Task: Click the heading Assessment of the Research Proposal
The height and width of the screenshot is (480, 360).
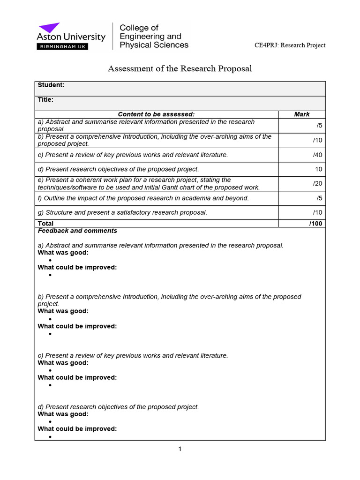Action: [x=180, y=69]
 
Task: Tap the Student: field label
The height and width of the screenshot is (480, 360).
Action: [x=51, y=85]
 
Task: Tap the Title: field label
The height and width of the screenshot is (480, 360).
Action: [x=45, y=99]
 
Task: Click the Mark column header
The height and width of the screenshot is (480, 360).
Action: [x=301, y=114]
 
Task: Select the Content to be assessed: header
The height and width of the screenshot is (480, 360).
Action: [x=156, y=114]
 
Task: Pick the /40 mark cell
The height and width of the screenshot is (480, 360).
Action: [x=317, y=155]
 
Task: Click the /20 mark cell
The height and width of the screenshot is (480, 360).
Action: [x=317, y=184]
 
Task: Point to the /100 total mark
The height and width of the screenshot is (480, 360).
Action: [x=315, y=224]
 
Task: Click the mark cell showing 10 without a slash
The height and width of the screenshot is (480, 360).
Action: [x=318, y=169]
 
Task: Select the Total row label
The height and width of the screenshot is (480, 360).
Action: [x=45, y=224]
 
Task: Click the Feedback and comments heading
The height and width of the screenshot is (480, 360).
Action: [x=77, y=231]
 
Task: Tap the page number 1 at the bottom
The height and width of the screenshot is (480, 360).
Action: [x=180, y=449]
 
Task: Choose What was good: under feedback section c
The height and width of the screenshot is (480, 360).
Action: [x=63, y=363]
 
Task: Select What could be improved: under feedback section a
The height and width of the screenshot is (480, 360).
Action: [x=77, y=267]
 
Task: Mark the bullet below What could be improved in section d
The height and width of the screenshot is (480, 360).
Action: [x=50, y=437]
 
